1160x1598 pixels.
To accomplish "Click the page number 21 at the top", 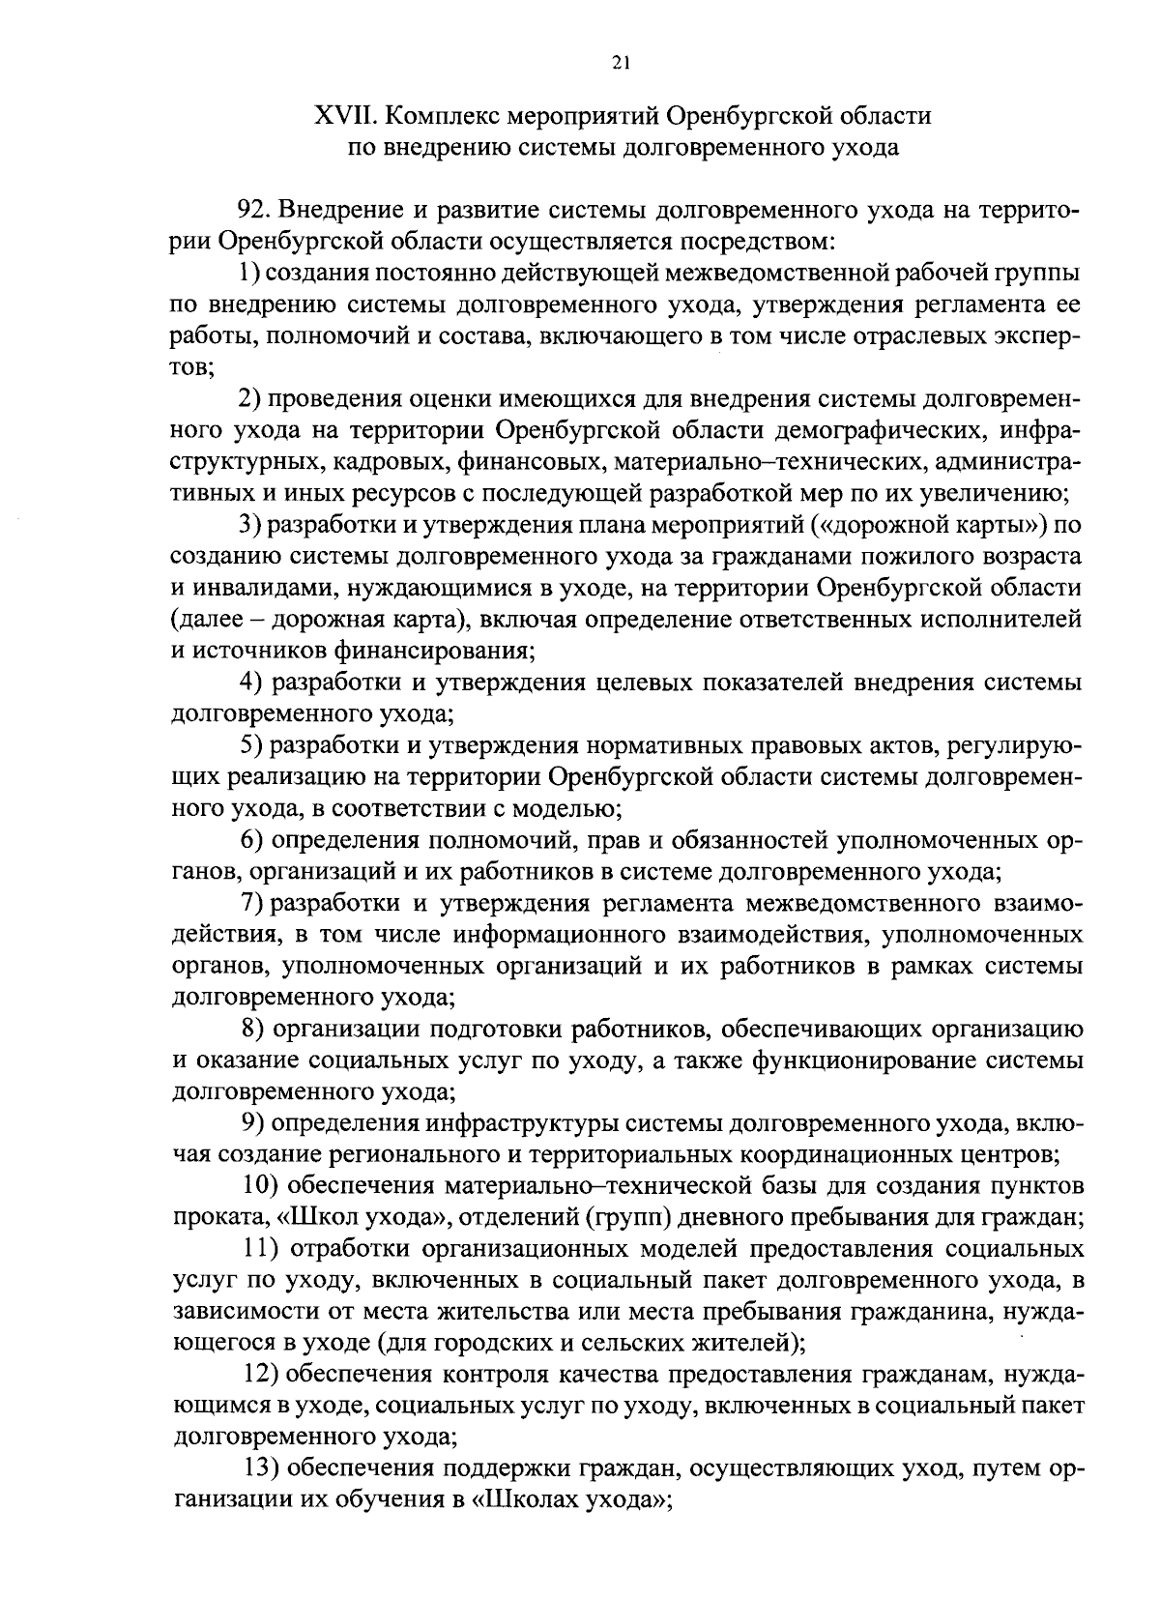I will click(x=622, y=63).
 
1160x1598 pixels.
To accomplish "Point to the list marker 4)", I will click(x=253, y=683).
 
